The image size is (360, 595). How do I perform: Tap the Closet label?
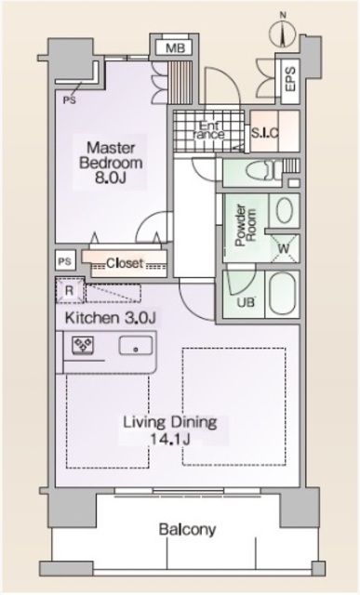click(x=123, y=263)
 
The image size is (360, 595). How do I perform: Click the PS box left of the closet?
click(x=65, y=261)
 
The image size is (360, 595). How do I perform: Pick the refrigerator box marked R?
click(x=69, y=292)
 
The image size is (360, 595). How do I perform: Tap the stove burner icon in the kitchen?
click(x=77, y=349)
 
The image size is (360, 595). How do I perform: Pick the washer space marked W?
click(x=282, y=248)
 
